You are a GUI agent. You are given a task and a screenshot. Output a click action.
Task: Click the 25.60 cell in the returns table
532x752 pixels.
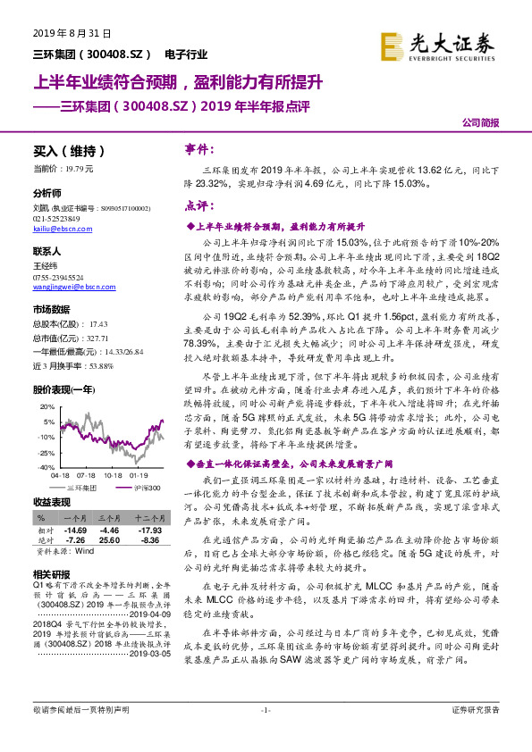tap(109, 540)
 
